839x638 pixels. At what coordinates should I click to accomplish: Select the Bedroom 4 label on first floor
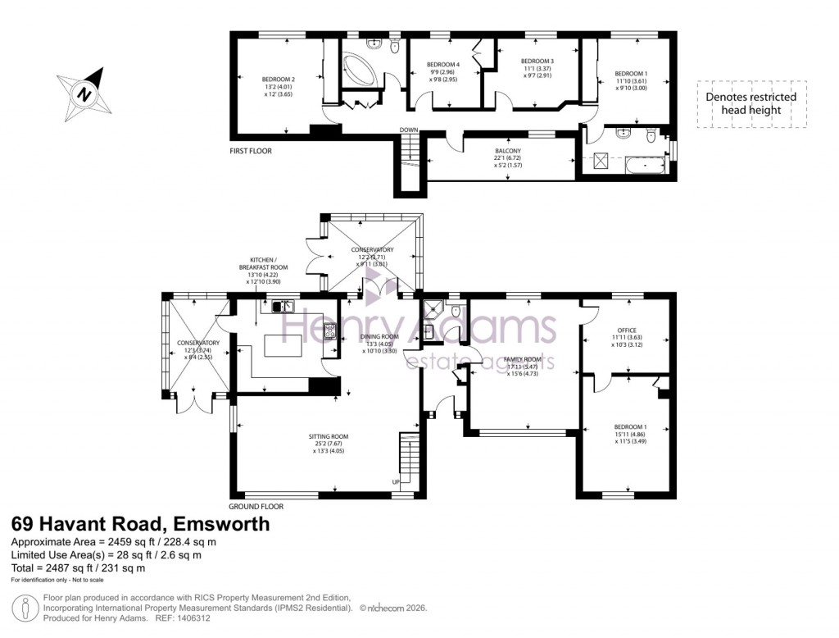click(x=443, y=65)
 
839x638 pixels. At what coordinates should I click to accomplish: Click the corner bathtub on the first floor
click(x=359, y=70)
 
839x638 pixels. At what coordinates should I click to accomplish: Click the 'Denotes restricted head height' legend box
click(x=751, y=103)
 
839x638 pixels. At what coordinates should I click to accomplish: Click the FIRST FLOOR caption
click(x=251, y=151)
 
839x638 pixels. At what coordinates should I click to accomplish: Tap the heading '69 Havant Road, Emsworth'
click(x=139, y=524)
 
